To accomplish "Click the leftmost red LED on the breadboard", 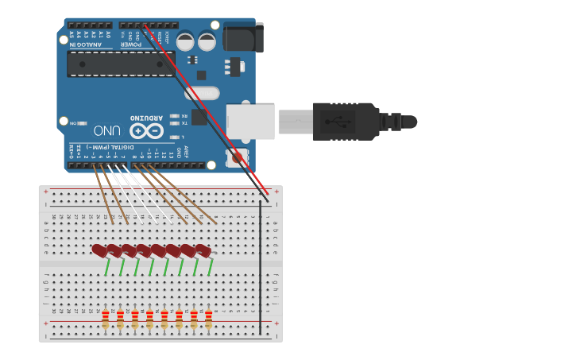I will pos(99,250).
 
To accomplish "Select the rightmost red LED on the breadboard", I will pos(203,251).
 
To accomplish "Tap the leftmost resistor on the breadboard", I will pos(106,319).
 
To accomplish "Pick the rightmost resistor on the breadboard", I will pos(209,319).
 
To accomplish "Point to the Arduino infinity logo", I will pos(145,130).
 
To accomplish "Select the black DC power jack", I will pos(242,37).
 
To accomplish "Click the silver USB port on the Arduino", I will pos(250,122).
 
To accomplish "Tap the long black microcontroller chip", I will pos(121,64).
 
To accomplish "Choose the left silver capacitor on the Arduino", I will pos(185,41).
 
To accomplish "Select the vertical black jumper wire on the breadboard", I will pos(261,266).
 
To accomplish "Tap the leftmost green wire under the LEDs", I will pos(107,267).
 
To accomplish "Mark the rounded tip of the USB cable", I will pos(409,122).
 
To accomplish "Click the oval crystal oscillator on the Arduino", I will pos(202,94).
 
